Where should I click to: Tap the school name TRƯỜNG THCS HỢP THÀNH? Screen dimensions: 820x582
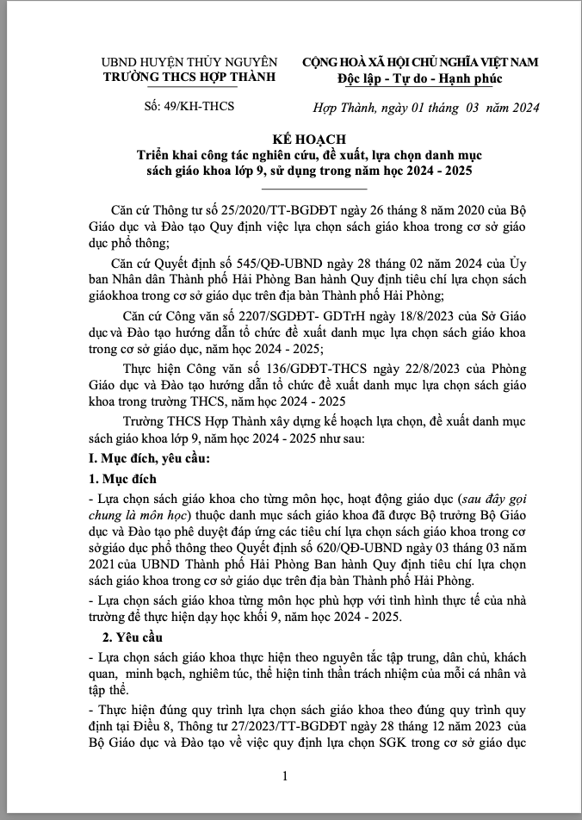click(x=189, y=77)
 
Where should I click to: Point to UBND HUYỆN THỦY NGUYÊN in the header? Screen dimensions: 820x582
click(x=189, y=62)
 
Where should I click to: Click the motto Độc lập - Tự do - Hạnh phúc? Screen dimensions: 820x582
click(x=419, y=78)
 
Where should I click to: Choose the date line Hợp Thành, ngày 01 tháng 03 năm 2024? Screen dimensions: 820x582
click(x=425, y=108)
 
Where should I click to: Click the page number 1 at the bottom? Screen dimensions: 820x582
click(x=284, y=777)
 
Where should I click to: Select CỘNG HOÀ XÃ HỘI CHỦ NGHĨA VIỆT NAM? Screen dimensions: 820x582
click(x=419, y=62)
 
